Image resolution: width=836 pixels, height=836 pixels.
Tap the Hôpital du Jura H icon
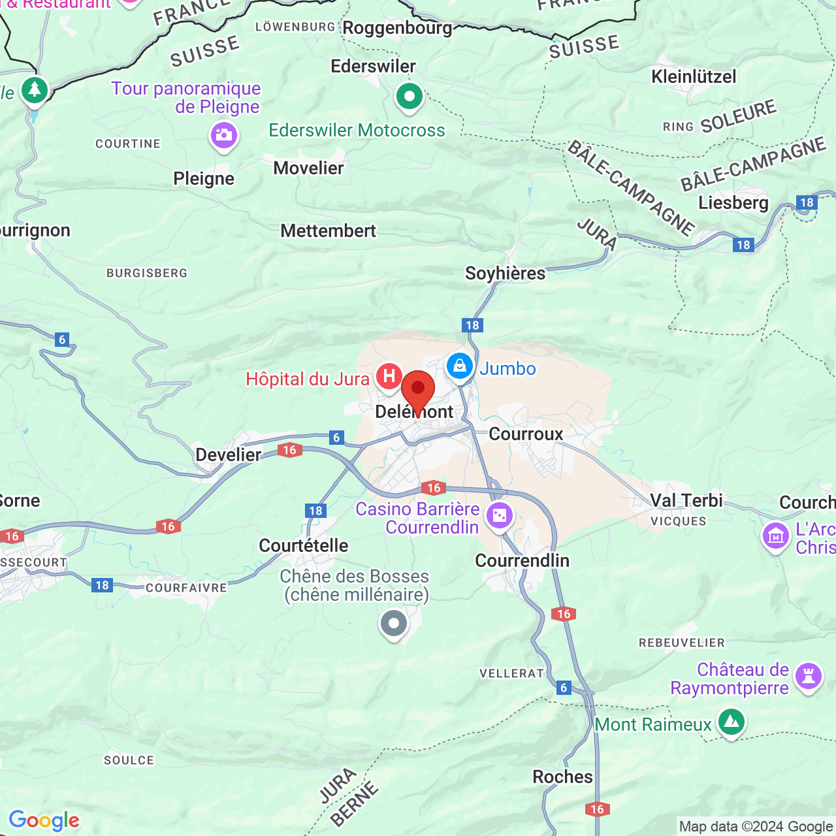[x=389, y=377]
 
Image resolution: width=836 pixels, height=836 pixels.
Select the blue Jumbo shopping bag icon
[x=460, y=366]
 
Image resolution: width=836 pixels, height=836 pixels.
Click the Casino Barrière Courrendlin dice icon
[x=500, y=516]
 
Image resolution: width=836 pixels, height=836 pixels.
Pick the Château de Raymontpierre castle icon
[x=809, y=676]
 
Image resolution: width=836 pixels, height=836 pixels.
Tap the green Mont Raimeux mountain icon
[x=731, y=722]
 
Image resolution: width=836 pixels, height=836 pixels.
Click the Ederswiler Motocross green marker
[x=410, y=97]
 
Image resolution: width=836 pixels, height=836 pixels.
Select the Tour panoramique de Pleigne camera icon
[x=223, y=136]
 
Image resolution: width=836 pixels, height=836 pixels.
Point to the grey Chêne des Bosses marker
[x=393, y=624]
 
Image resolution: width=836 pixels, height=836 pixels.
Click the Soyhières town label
[x=505, y=273]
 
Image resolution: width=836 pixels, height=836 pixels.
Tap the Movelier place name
[x=308, y=169]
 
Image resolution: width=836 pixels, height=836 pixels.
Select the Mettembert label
[x=328, y=231]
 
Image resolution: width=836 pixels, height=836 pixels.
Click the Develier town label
[x=228, y=455]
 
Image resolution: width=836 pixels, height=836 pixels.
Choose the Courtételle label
[x=303, y=545]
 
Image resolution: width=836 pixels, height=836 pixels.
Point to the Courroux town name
[x=526, y=434]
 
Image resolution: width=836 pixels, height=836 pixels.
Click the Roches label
[x=562, y=777]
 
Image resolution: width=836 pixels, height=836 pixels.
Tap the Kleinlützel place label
[x=694, y=76]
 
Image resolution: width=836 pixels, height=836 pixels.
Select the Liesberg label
[x=733, y=202]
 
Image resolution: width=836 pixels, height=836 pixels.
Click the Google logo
[x=44, y=820]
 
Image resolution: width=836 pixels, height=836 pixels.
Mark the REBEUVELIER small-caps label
[x=681, y=643]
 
